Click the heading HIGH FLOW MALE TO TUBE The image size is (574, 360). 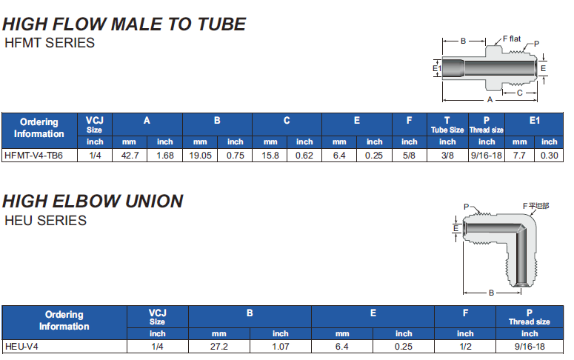coord(124,24)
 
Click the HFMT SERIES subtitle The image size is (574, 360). coord(50,43)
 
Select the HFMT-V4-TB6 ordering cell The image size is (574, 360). coord(33,156)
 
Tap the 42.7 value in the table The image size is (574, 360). coord(130,156)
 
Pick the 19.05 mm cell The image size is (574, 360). coord(200,156)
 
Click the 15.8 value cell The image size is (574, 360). coord(270,156)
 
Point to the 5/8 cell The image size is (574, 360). coord(409,156)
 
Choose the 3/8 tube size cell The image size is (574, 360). coord(447,156)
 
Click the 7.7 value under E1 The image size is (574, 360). coord(519,156)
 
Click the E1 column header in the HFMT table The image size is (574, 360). coord(534,120)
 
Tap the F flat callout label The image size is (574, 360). coord(513,39)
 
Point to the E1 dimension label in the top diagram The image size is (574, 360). coord(437,69)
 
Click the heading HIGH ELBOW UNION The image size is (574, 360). coord(93,201)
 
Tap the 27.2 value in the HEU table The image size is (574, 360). coord(219,346)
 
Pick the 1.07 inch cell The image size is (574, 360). coord(281,346)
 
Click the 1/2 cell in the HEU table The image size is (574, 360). coord(465,346)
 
